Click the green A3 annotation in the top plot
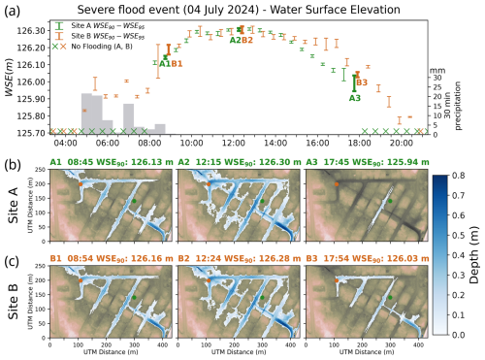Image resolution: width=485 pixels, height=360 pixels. click(355, 98)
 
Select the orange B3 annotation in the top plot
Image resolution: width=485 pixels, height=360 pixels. click(362, 83)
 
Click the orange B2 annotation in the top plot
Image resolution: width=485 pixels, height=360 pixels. click(247, 40)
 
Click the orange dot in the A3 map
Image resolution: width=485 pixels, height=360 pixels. click(338, 182)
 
